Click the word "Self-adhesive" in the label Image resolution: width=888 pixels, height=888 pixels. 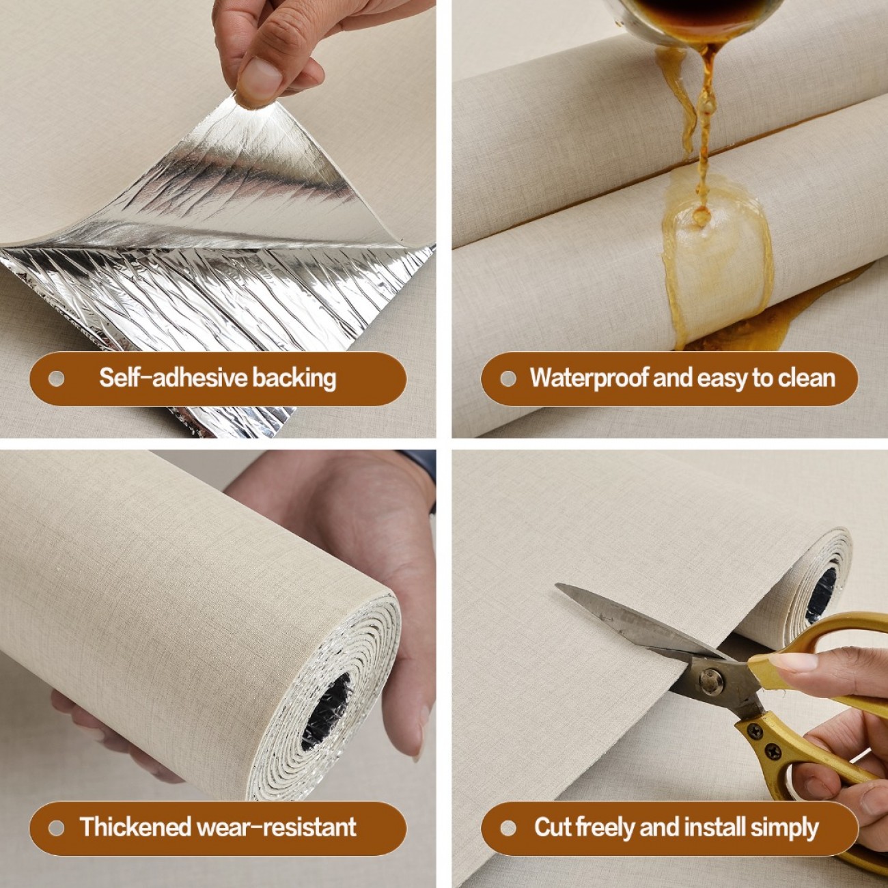coord(174,378)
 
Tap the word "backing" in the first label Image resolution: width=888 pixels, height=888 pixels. coord(294,379)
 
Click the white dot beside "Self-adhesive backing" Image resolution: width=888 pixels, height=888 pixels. coord(56,378)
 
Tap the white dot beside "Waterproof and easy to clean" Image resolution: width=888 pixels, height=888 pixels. coord(508,378)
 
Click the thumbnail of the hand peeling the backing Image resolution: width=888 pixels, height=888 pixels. coord(217,219)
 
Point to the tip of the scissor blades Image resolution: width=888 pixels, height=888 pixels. coord(557,585)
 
